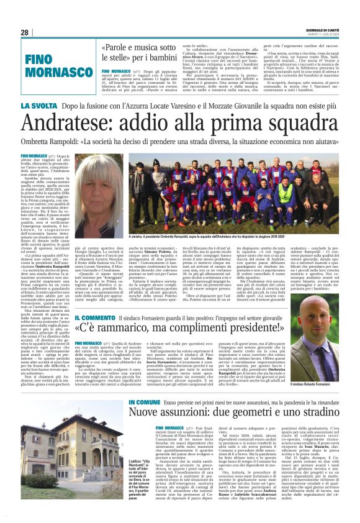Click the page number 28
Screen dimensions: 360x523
point(25,32)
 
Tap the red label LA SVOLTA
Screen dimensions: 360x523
point(41,106)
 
